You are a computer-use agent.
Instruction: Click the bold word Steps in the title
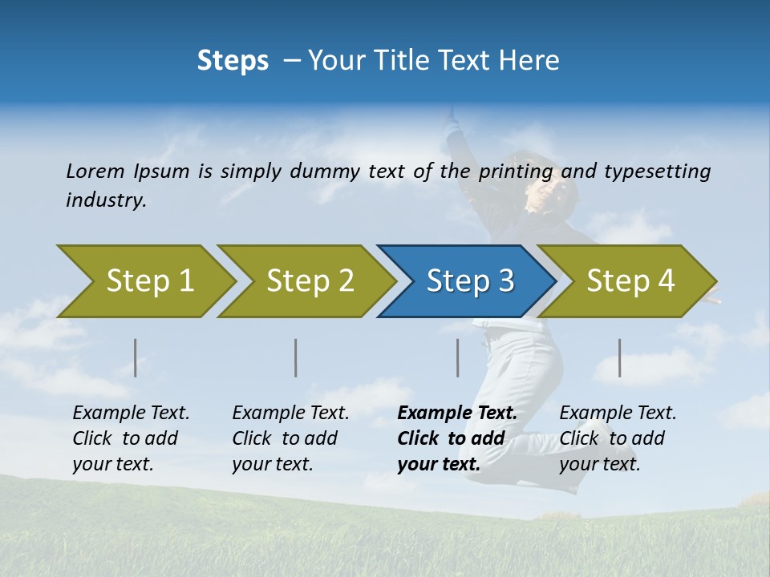coord(233,61)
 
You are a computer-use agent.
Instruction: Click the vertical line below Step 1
coord(136,357)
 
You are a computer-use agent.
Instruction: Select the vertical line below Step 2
coord(296,357)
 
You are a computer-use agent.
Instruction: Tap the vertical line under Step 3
coord(457,357)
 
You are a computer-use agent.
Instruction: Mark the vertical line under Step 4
coord(619,357)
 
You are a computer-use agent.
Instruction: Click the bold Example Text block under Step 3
coord(457,438)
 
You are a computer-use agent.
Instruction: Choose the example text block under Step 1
coord(131,438)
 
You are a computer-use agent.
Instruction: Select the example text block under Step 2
coord(290,438)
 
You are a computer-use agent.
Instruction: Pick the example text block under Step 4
coord(618,438)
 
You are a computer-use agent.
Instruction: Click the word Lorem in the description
coord(95,171)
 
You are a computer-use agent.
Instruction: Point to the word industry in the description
coord(106,200)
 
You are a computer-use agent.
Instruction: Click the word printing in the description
coord(516,171)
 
